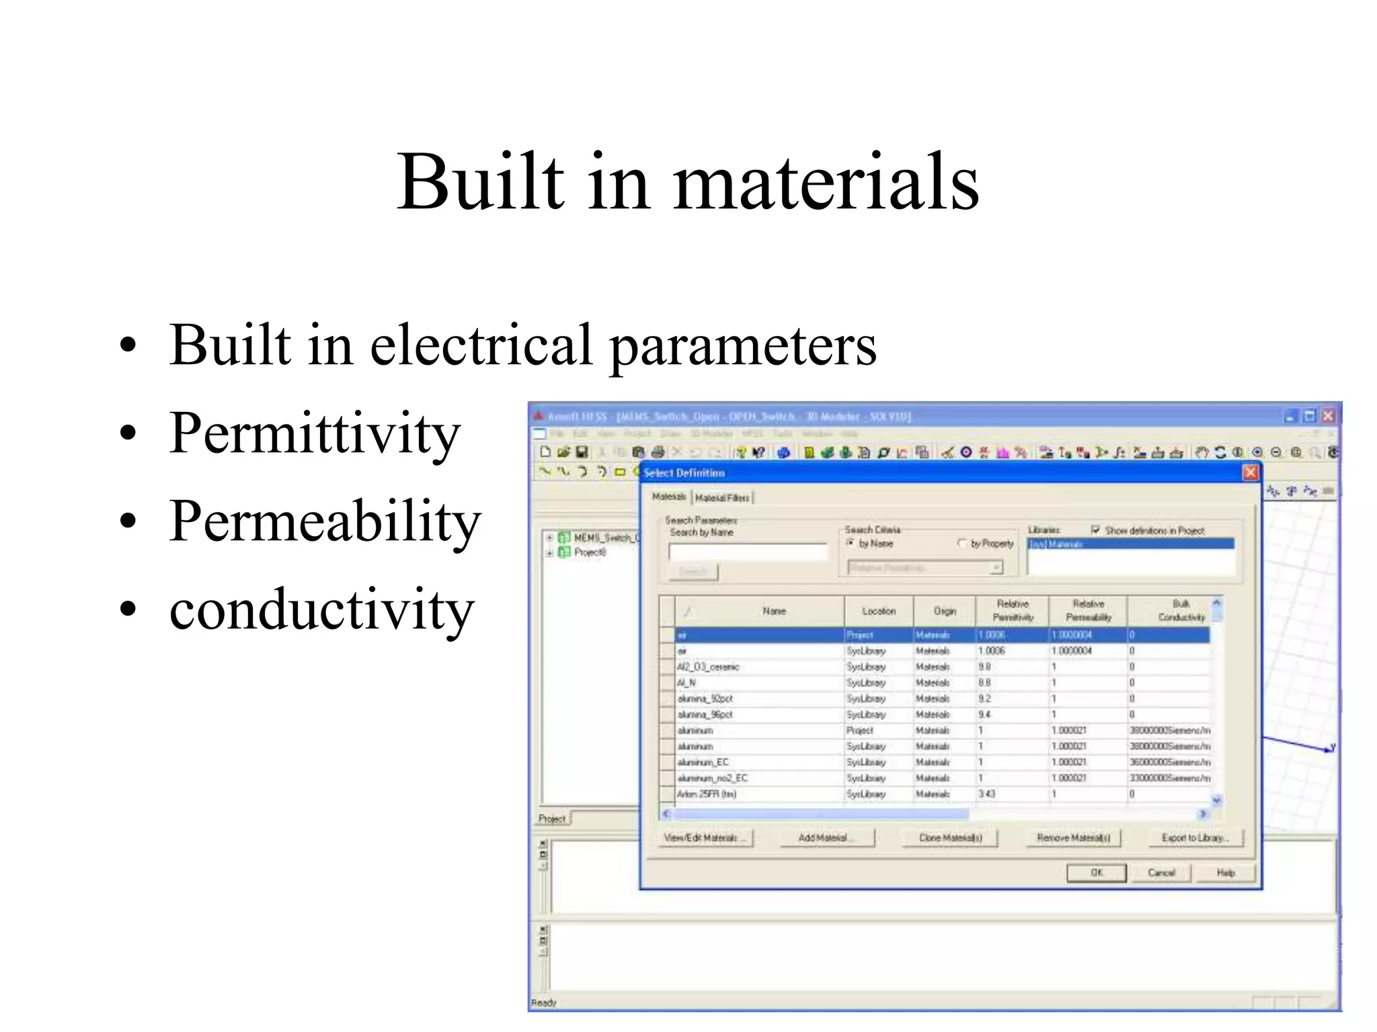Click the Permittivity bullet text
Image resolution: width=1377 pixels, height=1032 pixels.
315,434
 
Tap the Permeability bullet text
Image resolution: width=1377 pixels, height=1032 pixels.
325,521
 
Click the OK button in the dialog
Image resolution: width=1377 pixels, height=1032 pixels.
1096,872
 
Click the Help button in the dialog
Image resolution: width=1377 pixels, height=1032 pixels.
1225,872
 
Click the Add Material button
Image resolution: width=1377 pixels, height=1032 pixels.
826,837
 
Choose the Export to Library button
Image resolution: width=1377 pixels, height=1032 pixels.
1194,837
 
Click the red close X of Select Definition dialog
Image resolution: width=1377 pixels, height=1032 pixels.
1250,472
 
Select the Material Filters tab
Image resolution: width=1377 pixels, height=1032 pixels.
722,497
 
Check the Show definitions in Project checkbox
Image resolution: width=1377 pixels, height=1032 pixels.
1095,530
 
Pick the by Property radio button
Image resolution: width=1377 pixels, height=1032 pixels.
961,543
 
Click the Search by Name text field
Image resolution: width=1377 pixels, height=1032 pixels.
747,552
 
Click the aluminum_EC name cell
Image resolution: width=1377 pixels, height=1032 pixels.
703,762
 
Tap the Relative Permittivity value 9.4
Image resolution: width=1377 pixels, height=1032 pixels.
984,714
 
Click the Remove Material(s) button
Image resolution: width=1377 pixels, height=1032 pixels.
1072,837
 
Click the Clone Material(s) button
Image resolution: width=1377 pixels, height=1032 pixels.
950,837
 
